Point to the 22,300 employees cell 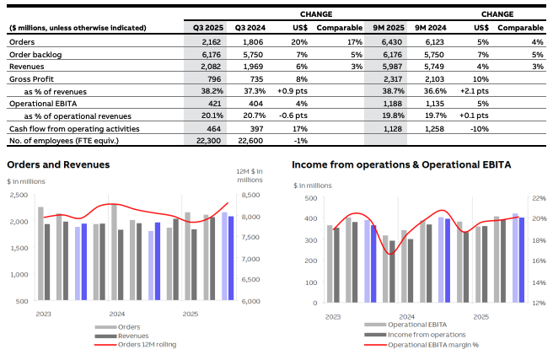pyautogui.click(x=207, y=141)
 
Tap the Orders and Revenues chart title pyautogui.click(x=58, y=164)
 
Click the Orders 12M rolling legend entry pyautogui.click(x=141, y=344)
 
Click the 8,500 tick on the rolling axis pyautogui.click(x=251, y=196)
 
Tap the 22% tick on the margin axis pyautogui.click(x=536, y=199)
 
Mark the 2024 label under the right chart pyautogui.click(x=407, y=317)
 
